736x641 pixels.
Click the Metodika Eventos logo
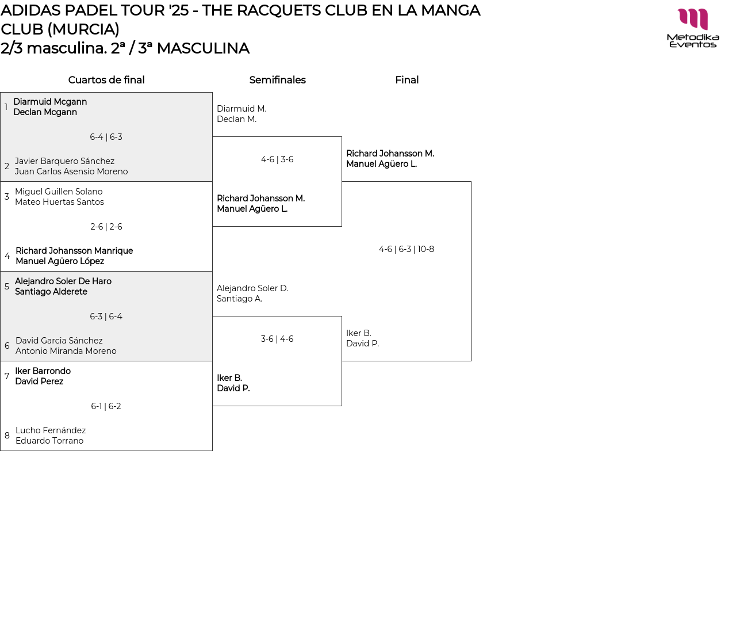(693, 28)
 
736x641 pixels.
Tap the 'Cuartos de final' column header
(106, 80)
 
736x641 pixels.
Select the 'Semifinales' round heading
(277, 80)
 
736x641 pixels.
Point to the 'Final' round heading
(407, 80)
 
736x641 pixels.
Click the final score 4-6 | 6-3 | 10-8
(407, 249)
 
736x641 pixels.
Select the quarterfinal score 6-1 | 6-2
(106, 406)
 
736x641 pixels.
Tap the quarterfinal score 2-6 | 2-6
(106, 227)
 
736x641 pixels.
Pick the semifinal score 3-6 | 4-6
(277, 339)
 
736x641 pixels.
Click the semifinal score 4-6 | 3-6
(277, 159)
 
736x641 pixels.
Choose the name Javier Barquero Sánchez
(64, 161)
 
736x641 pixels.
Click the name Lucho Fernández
(51, 430)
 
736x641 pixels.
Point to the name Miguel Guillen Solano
(59, 192)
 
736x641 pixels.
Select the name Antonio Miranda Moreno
(66, 351)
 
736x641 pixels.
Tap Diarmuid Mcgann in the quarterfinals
(50, 102)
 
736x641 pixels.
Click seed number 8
(7, 436)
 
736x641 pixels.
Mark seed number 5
(7, 287)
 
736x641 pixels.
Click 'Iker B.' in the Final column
(359, 333)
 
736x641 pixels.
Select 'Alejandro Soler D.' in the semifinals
(252, 288)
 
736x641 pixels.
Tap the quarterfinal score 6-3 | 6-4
(106, 316)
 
